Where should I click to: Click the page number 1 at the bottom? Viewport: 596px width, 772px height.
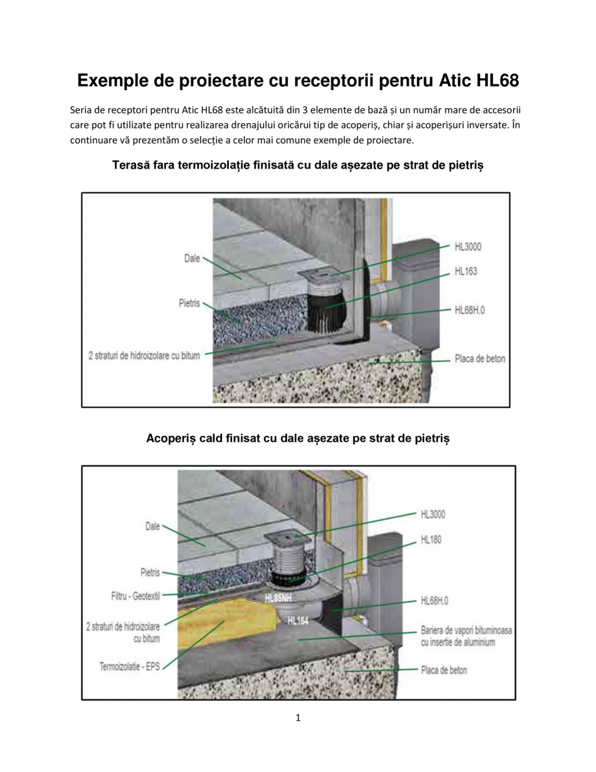tap(298, 718)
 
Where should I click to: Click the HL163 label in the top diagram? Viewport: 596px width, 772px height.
tap(466, 271)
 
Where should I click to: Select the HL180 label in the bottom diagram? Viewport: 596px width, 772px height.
tap(431, 539)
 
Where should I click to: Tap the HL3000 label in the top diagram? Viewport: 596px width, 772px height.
tap(468, 247)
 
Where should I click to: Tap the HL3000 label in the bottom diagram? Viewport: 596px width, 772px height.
tap(433, 514)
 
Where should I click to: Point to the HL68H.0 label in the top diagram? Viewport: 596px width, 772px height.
tap(470, 310)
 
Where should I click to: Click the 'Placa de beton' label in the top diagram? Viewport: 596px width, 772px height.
tap(479, 359)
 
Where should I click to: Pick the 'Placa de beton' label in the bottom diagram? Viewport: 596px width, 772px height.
tap(444, 670)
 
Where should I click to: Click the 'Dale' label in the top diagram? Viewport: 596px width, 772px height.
tap(192, 258)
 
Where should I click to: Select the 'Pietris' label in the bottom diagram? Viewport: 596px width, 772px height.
tap(150, 572)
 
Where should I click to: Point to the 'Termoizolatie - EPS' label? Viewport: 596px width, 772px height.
tap(129, 666)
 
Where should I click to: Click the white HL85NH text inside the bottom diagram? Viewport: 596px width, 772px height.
tap(278, 598)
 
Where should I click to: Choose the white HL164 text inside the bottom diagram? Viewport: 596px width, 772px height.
tap(298, 621)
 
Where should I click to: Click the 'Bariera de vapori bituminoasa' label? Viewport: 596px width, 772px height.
tap(458, 631)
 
